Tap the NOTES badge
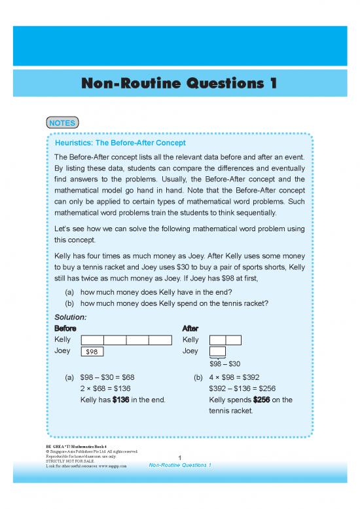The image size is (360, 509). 63,123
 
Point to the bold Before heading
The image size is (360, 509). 65,328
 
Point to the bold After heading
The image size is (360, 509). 190,328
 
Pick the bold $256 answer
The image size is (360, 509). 262,400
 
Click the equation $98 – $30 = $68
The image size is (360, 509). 107,377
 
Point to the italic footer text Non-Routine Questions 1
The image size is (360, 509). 179,465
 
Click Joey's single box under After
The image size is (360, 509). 217,352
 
